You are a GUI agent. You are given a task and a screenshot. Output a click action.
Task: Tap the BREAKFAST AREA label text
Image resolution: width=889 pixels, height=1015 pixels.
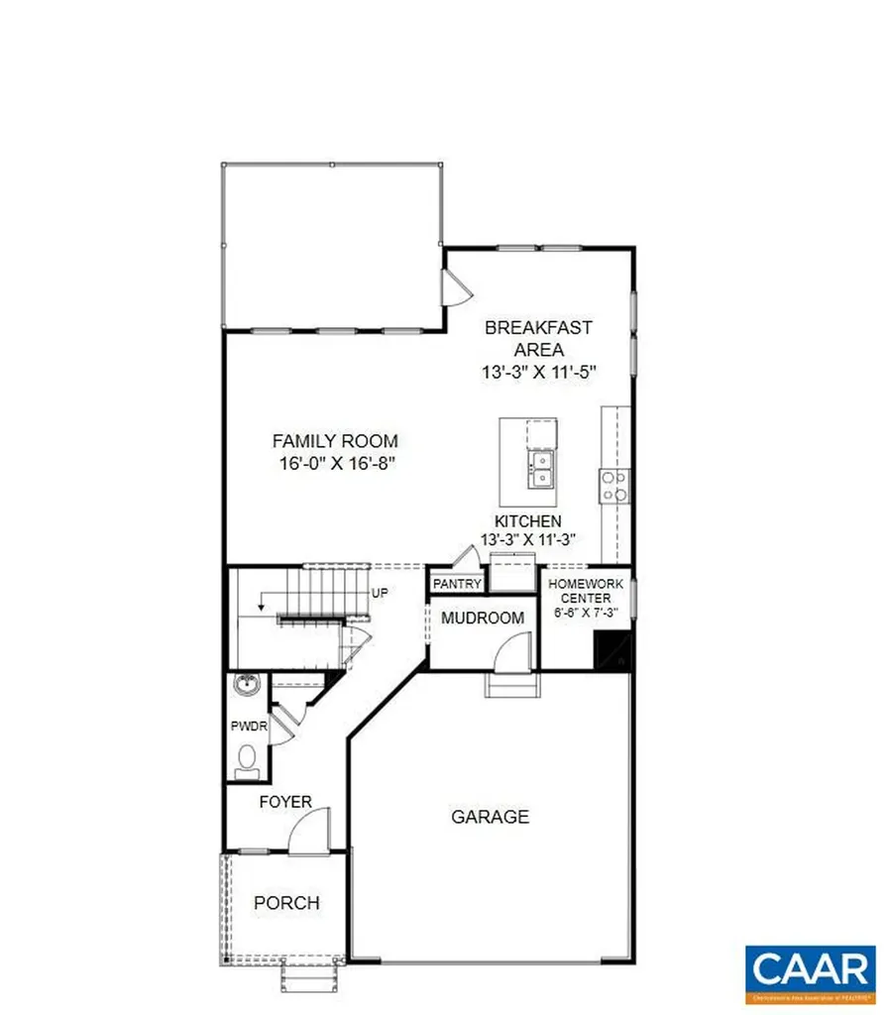point(538,338)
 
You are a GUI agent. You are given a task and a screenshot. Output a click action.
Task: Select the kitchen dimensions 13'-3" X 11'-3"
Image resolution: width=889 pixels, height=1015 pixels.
point(527,539)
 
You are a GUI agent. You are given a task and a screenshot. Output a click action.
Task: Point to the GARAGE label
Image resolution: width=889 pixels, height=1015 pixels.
point(490,817)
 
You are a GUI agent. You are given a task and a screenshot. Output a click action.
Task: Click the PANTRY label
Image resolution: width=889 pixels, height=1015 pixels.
point(457,585)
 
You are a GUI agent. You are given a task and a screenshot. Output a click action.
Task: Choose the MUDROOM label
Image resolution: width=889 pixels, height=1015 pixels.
point(483,619)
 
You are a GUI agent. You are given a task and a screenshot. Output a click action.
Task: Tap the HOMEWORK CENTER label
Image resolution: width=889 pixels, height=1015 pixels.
point(586,592)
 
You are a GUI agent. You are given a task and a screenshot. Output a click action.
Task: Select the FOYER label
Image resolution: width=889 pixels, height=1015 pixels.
point(285,802)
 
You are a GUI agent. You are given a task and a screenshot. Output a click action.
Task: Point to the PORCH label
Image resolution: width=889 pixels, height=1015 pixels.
point(286,903)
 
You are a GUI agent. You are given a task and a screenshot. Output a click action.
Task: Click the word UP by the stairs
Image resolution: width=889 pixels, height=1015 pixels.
point(380,593)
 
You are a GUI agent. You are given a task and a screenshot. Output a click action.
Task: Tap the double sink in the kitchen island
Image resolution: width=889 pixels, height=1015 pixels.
point(541,470)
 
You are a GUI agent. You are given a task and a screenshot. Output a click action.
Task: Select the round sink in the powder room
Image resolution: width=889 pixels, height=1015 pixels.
point(246,684)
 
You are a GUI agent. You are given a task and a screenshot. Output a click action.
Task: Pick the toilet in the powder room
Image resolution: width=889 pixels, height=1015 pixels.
point(248,761)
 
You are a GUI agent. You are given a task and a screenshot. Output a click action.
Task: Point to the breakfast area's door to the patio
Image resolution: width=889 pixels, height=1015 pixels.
point(457,288)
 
